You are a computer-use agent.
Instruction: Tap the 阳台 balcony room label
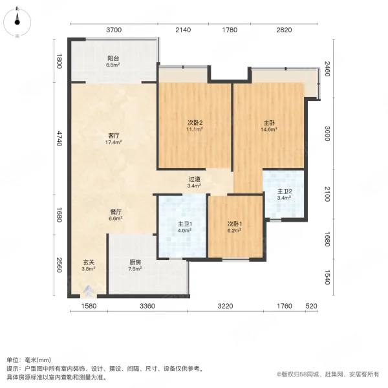click(113, 58)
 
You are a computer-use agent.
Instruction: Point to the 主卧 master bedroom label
click(269, 122)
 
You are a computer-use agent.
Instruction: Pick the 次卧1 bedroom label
click(234, 224)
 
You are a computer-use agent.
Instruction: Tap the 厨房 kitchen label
click(135, 262)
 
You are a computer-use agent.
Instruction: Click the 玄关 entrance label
click(89, 262)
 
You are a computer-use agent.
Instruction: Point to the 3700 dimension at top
click(114, 30)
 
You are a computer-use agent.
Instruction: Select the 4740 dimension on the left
click(59, 138)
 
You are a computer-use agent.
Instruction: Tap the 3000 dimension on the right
click(328, 134)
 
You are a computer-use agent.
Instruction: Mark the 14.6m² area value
click(269, 129)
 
